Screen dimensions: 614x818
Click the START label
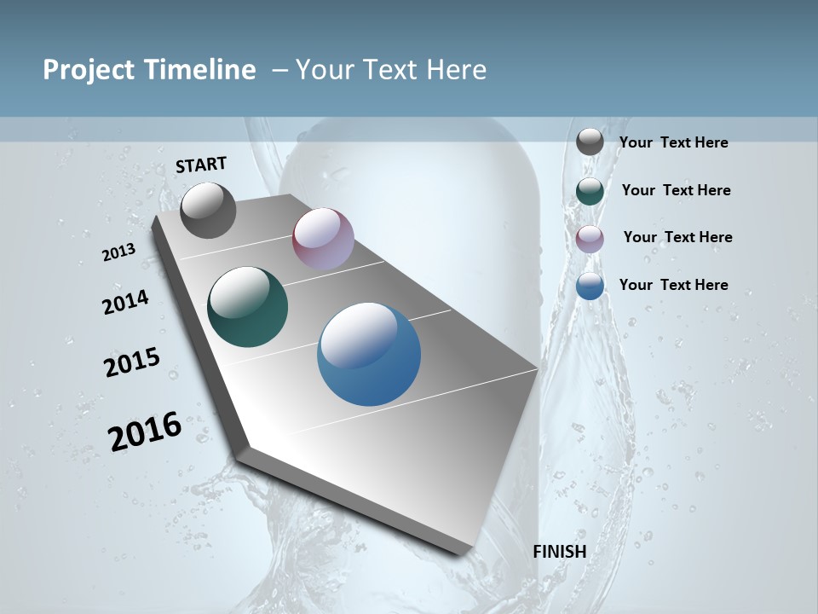tap(201, 165)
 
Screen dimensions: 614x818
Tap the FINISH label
tap(560, 552)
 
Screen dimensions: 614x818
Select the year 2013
tap(118, 252)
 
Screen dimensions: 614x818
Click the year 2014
tap(125, 303)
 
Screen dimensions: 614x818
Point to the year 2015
tap(132, 362)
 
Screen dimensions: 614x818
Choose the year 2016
tap(145, 431)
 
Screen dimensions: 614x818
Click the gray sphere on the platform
tap(208, 210)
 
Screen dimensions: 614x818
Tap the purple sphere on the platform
tap(323, 239)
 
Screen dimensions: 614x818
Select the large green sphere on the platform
tap(248, 307)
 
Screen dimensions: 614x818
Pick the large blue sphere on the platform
tap(369, 354)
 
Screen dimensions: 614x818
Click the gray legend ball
tap(590, 142)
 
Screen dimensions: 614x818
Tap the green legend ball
tap(590, 191)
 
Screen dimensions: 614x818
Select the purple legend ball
tap(590, 239)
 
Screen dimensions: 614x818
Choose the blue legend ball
tap(590, 286)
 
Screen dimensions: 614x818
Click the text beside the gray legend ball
tap(673, 142)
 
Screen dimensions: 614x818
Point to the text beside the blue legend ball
tap(673, 285)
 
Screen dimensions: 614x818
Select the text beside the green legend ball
tap(676, 190)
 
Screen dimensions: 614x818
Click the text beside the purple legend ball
tap(677, 237)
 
